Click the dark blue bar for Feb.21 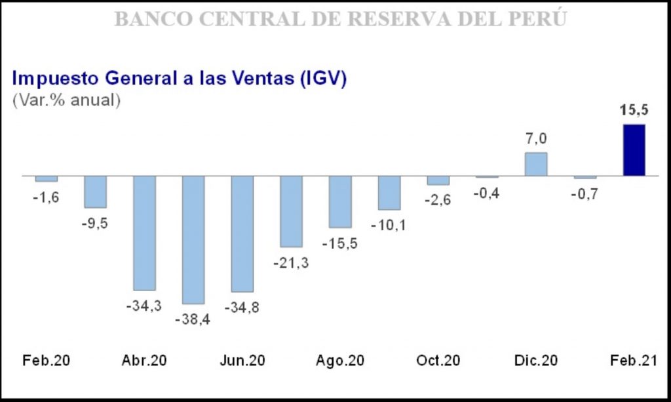pyautogui.click(x=634, y=150)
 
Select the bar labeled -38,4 pyautogui.click(x=193, y=239)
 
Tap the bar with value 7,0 pyautogui.click(x=536, y=164)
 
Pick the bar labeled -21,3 pyautogui.click(x=291, y=211)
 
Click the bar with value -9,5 pyautogui.click(x=95, y=191)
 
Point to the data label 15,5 pyautogui.click(x=634, y=110)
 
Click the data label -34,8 pyautogui.click(x=242, y=307)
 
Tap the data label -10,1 pyautogui.click(x=389, y=226)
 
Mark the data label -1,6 pyautogui.click(x=46, y=197)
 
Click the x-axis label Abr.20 pyautogui.click(x=144, y=361)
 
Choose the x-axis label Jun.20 pyautogui.click(x=242, y=361)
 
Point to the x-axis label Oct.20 pyautogui.click(x=438, y=361)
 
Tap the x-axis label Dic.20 pyautogui.click(x=536, y=361)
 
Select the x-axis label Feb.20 pyautogui.click(x=46, y=361)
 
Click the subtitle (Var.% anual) pyautogui.click(x=66, y=101)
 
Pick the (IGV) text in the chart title pyautogui.click(x=322, y=78)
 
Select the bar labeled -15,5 pyautogui.click(x=340, y=201)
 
